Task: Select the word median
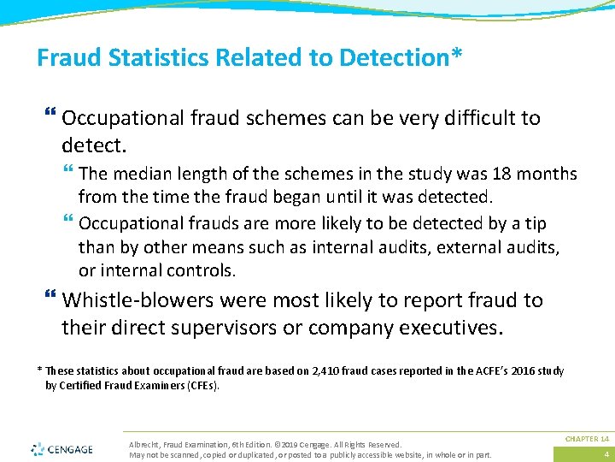point(137,175)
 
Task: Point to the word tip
point(535,223)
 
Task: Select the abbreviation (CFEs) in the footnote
point(202,386)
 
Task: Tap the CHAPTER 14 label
point(587,439)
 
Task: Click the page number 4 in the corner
point(605,454)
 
